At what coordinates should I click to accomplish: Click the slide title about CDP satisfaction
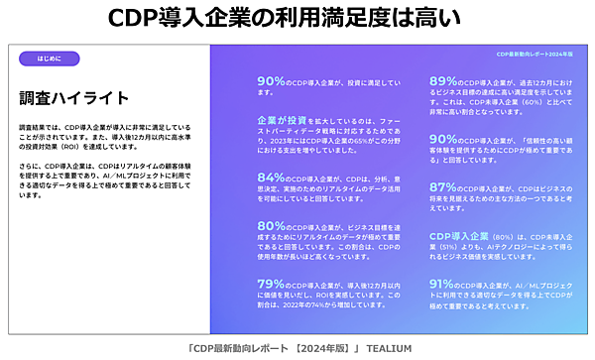point(297,17)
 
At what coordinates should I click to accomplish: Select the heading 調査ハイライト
point(74,97)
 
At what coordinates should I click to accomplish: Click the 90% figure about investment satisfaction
point(271,82)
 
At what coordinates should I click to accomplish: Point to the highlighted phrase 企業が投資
point(285,120)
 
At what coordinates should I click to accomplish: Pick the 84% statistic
point(271,179)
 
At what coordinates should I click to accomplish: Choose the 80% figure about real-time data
point(271,226)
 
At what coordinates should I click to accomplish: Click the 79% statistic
point(271,283)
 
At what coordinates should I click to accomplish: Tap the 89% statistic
point(443,82)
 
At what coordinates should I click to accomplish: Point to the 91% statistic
point(443,283)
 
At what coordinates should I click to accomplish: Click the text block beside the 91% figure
point(501,295)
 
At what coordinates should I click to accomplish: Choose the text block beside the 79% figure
point(327,296)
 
